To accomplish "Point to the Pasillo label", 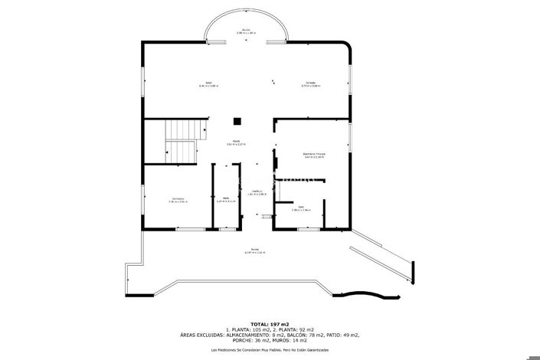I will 240,142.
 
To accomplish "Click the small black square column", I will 238,120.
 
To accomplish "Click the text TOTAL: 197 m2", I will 270,324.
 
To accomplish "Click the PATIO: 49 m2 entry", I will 339,335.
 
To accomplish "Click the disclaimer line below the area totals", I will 270,349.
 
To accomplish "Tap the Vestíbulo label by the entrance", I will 258,192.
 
